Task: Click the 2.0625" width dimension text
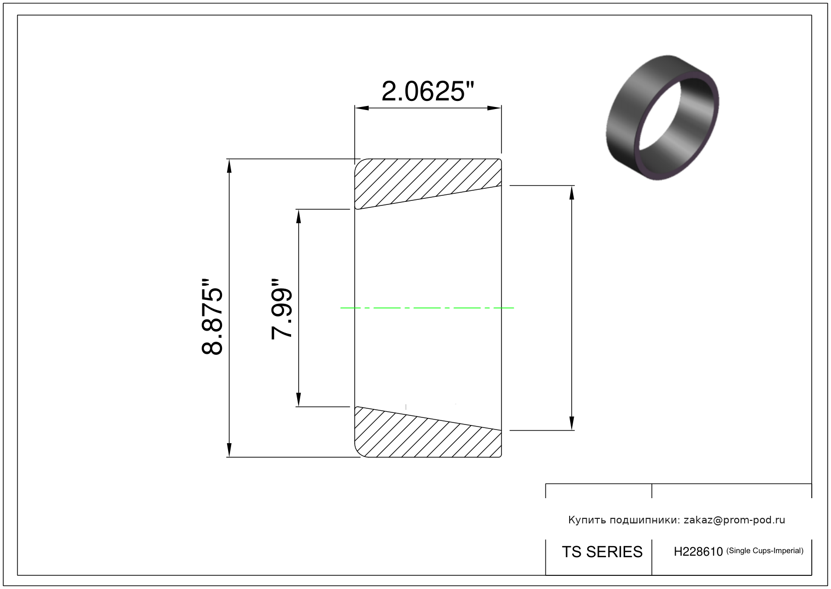pos(428,92)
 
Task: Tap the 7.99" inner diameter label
pos(282,309)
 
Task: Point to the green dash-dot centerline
pos(427,308)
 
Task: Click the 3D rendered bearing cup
pos(662,118)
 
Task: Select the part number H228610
pos(698,552)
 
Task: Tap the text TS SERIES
pos(602,552)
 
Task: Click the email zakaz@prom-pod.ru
pos(734,520)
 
